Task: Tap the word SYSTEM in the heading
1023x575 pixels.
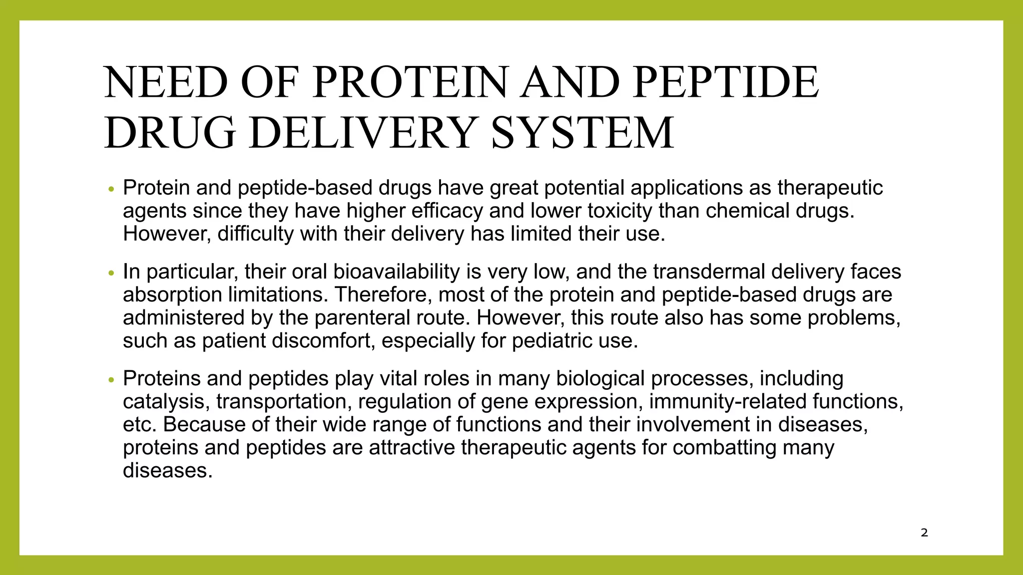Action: click(582, 133)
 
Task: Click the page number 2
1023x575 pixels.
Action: click(924, 533)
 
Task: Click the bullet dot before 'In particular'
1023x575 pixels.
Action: click(111, 274)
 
